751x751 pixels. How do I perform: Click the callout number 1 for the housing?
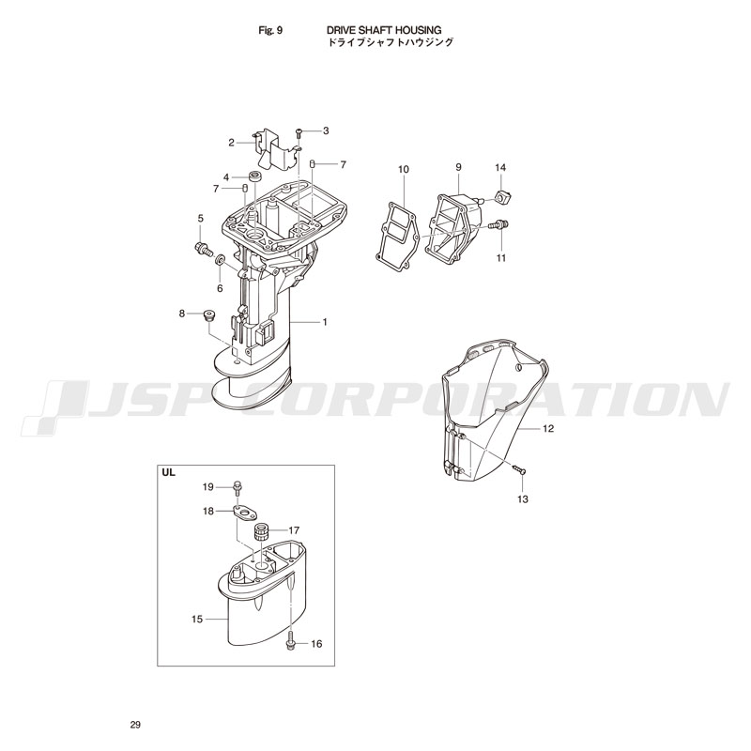click(x=325, y=322)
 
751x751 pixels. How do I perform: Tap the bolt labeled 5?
click(x=204, y=249)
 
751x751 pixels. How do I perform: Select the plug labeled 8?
click(x=208, y=314)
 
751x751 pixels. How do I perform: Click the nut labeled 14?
click(x=501, y=196)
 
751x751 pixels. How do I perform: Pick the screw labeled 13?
click(x=519, y=470)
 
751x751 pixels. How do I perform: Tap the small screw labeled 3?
click(x=298, y=131)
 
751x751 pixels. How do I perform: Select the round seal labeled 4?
click(x=254, y=176)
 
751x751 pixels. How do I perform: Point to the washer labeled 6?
click(x=221, y=260)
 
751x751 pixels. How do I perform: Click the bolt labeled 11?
click(x=498, y=224)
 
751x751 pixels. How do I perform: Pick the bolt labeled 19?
click(x=238, y=487)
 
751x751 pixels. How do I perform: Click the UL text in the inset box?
click(x=169, y=473)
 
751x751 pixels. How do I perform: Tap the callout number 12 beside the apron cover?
click(x=548, y=428)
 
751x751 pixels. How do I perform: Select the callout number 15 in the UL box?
click(x=197, y=620)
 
